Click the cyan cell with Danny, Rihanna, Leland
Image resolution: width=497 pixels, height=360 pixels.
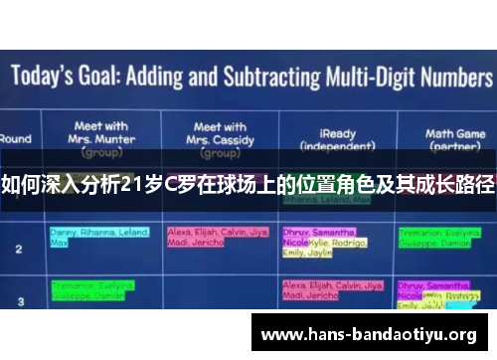click(x=98, y=237)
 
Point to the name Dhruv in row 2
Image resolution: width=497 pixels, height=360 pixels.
click(x=295, y=231)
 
